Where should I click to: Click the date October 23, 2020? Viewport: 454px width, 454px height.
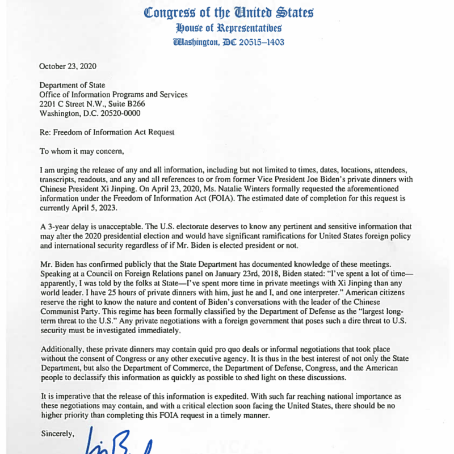(x=68, y=66)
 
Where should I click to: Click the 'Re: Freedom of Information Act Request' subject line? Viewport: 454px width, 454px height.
(x=107, y=132)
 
